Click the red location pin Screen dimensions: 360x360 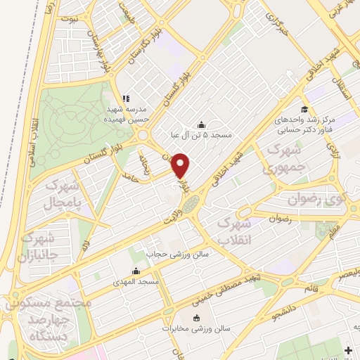point(181,165)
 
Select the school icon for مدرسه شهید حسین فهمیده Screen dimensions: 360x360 point(126,98)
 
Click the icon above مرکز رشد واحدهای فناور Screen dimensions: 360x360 point(304,109)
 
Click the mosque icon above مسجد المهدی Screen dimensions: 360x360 point(136,271)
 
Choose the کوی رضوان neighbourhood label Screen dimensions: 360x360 point(330,200)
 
